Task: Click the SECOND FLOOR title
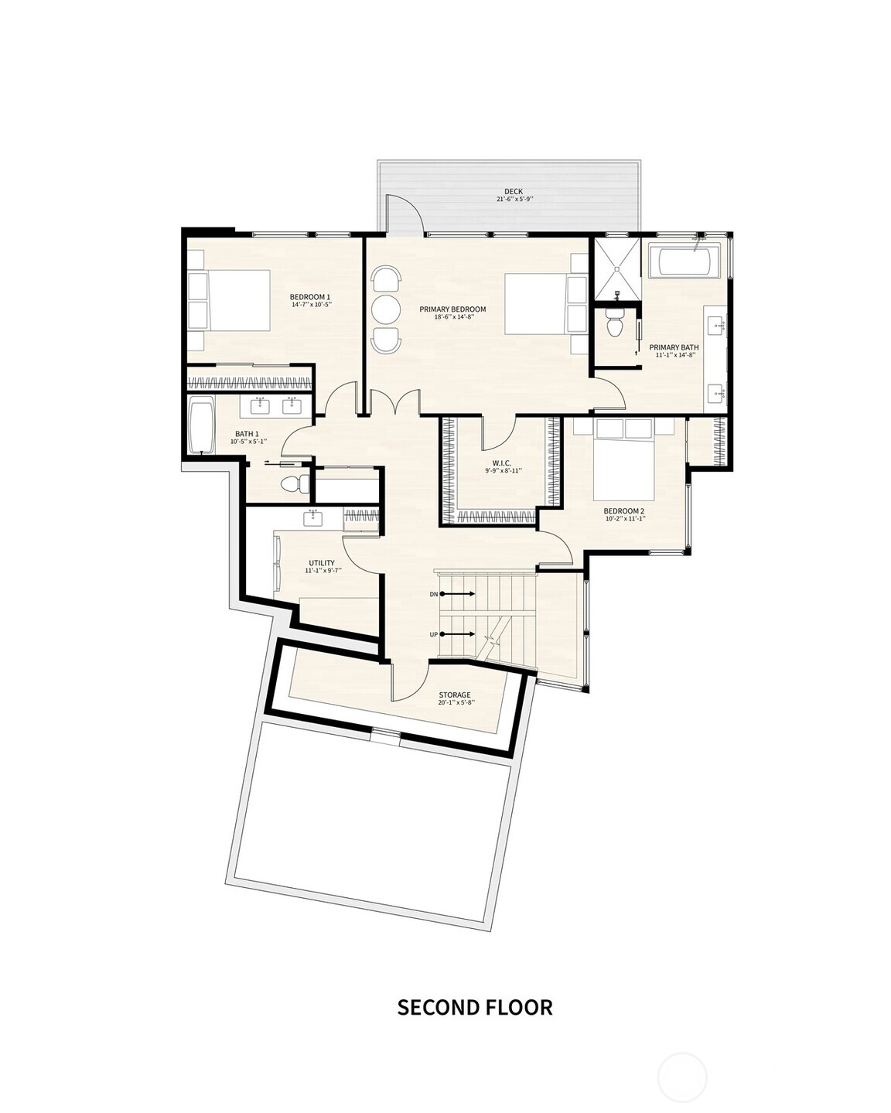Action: tap(475, 1007)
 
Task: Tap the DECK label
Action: tap(514, 192)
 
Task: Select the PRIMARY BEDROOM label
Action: tap(452, 309)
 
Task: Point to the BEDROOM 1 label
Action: tap(310, 297)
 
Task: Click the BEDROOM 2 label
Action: tap(624, 511)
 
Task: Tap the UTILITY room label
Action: tap(322, 563)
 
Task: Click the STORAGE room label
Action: tap(455, 695)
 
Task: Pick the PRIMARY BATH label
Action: tap(674, 347)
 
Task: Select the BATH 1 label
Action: tap(247, 434)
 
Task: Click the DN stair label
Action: tap(434, 594)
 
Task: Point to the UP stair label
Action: tap(434, 635)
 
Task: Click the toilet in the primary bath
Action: tap(615, 323)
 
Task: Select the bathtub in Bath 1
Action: tap(202, 425)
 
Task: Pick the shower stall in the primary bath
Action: tap(617, 268)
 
